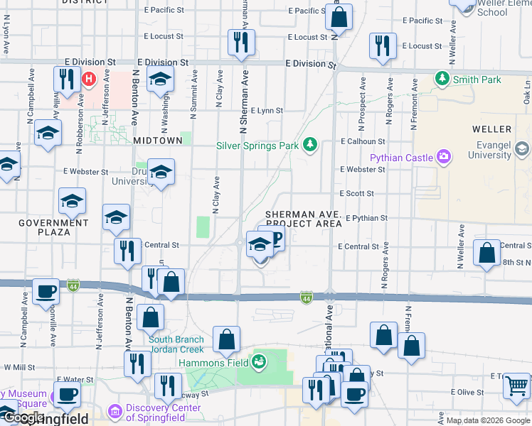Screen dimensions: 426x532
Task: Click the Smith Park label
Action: [477, 80]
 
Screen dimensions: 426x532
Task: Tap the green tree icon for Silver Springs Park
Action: [309, 145]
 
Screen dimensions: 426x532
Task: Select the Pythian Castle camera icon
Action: [444, 155]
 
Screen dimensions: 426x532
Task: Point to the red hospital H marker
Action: [90, 79]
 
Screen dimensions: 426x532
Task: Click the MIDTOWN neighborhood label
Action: [158, 141]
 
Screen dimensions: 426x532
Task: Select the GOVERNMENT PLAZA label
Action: [54, 227]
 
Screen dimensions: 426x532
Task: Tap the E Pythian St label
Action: [366, 218]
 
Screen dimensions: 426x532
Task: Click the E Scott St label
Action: [356, 193]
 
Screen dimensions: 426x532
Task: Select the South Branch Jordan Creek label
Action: [176, 344]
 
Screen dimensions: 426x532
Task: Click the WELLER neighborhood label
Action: [491, 129]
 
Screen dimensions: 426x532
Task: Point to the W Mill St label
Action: [18, 368]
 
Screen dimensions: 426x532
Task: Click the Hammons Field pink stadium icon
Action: [260, 362]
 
